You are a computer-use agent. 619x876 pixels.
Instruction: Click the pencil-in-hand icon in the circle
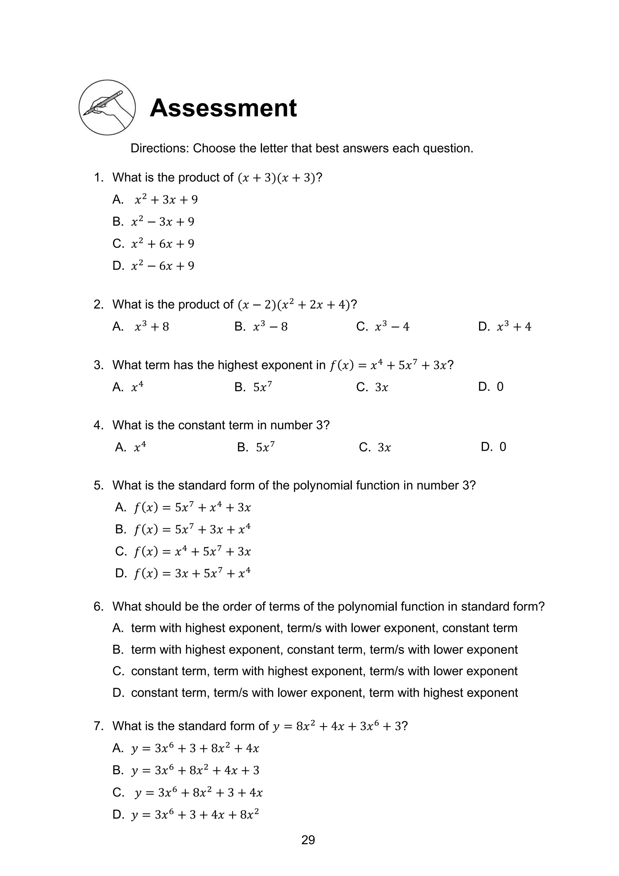(x=107, y=107)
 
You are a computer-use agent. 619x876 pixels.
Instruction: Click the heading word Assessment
(x=223, y=108)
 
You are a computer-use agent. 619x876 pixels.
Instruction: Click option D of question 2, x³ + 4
(x=513, y=327)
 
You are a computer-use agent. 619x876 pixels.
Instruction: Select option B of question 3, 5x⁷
(x=262, y=387)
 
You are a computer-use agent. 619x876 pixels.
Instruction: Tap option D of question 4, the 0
(x=502, y=447)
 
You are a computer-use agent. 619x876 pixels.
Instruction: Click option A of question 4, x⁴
(x=140, y=447)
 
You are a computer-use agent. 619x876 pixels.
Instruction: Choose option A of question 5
(x=192, y=507)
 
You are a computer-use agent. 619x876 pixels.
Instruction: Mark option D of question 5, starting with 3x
(x=192, y=573)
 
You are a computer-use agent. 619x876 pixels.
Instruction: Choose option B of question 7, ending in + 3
(x=195, y=770)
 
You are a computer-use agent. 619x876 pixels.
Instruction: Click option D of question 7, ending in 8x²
(x=195, y=815)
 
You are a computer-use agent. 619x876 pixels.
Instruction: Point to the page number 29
(x=308, y=840)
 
